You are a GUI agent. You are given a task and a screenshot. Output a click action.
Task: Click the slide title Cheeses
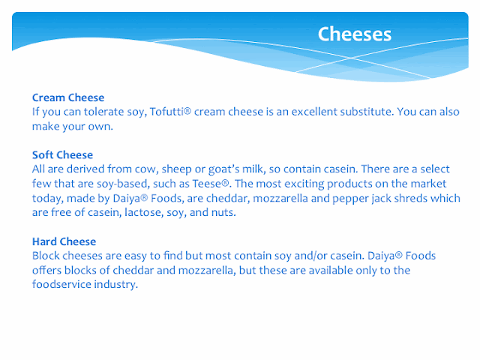click(x=355, y=34)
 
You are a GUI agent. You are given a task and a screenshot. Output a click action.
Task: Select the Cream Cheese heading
click(x=68, y=97)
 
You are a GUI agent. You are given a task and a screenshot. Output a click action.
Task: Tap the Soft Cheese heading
click(x=63, y=155)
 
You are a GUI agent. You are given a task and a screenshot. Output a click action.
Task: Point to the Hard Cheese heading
click(x=64, y=241)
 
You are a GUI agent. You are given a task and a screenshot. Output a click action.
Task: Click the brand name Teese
click(x=207, y=184)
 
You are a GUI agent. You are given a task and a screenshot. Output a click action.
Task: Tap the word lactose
click(x=143, y=213)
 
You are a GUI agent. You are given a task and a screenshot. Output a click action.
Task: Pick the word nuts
click(x=223, y=213)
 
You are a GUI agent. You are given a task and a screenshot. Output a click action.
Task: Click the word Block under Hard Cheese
click(x=46, y=256)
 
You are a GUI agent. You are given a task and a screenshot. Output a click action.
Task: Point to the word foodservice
click(x=61, y=284)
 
